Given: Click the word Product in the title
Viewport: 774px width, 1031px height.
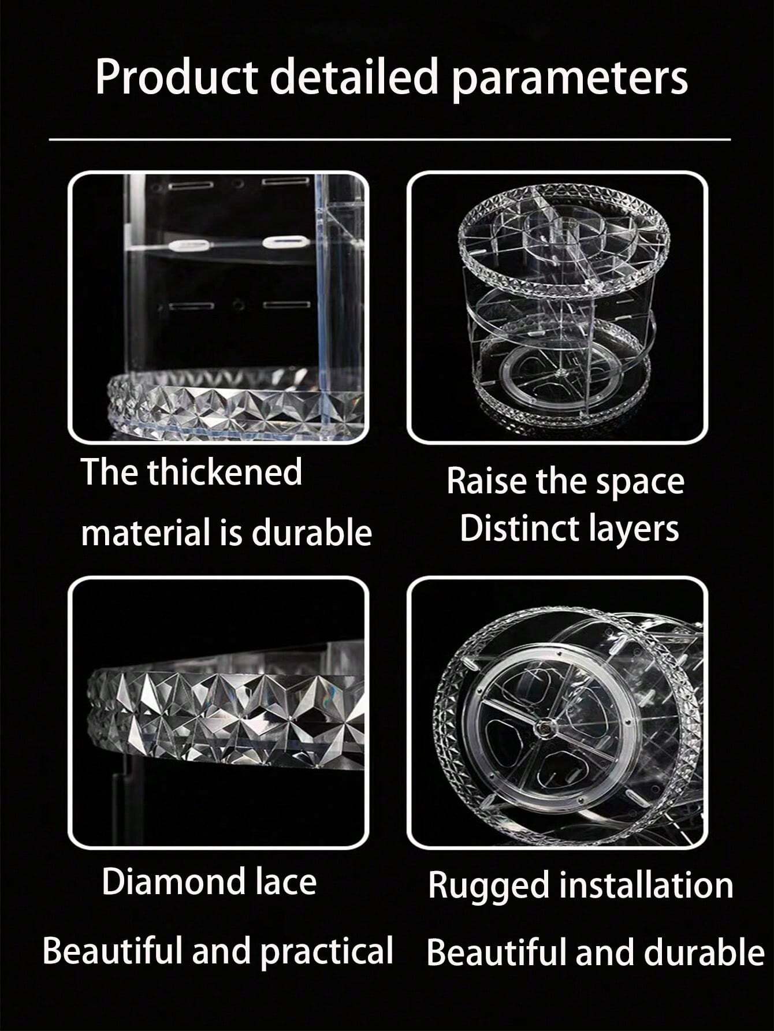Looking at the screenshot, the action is pos(177,76).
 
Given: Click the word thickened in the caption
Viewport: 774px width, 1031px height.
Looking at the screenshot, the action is pos(225,472).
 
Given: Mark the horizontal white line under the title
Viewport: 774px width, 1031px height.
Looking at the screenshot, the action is pos(390,139).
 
